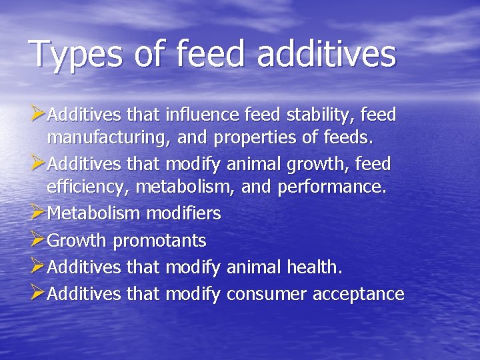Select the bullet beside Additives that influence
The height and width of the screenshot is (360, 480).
[38, 115]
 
